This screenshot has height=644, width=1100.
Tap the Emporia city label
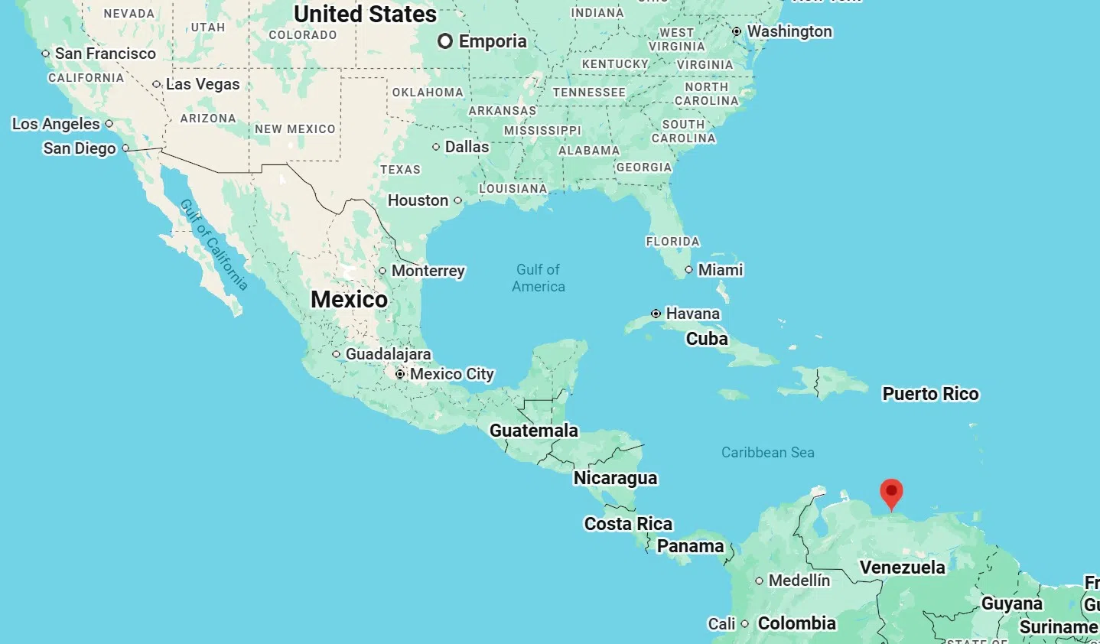493,41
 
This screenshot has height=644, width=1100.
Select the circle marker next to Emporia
445,41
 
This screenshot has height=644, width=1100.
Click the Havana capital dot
656,314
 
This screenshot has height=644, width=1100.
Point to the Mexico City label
451,374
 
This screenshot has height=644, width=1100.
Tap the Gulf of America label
539,278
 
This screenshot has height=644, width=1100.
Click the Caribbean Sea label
767,453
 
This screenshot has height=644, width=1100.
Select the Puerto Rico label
930,394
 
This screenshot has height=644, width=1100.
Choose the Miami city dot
688,270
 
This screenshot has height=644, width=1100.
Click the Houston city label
418,200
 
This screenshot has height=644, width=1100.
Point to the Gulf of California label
214,244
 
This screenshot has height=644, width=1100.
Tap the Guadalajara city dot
336,354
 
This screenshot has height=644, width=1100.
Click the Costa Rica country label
628,524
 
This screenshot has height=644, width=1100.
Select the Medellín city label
799,581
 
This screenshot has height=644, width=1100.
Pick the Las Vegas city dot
156,84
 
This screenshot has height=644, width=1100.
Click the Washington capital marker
737,31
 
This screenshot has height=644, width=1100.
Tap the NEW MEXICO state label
295,129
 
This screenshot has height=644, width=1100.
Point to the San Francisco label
105,54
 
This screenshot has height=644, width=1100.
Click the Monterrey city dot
382,271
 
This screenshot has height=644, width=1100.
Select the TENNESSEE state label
589,93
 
